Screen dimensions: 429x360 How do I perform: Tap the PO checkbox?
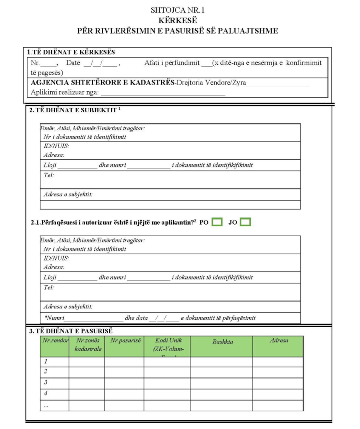click(x=217, y=222)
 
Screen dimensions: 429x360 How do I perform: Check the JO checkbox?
click(x=245, y=222)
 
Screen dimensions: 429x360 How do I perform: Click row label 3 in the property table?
click(x=46, y=382)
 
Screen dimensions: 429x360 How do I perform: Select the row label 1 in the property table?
click(x=46, y=361)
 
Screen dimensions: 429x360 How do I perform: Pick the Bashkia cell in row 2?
click(x=221, y=372)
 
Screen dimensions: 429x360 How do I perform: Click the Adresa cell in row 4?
click(x=277, y=394)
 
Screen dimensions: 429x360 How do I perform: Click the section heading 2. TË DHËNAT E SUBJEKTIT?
click(x=73, y=111)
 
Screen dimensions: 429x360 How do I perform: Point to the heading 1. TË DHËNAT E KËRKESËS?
click(x=71, y=52)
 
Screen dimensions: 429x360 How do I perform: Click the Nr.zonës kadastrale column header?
click(x=88, y=345)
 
